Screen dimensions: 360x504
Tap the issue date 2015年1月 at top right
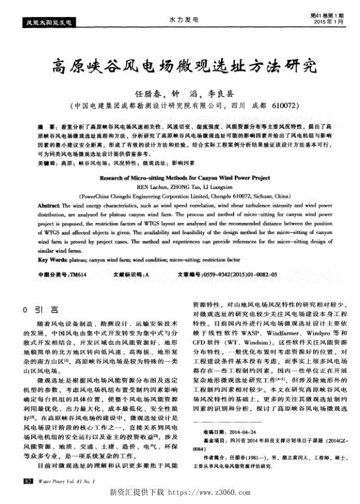pos(325,23)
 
